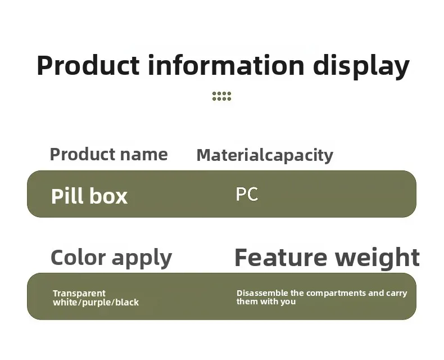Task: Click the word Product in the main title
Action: [x=88, y=65]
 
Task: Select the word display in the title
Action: [x=361, y=67]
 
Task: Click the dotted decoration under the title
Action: [x=221, y=96]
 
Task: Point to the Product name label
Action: [x=108, y=154]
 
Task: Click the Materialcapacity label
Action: [x=265, y=156]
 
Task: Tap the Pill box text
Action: [x=89, y=196]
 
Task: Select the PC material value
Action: [x=247, y=194]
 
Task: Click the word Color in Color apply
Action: [x=78, y=257]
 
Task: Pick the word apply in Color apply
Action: [x=142, y=259]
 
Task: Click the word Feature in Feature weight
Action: [x=280, y=257]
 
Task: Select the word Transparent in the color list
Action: [x=79, y=293]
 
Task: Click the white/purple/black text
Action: [x=96, y=303]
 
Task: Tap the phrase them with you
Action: [x=266, y=301]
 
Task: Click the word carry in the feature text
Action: [x=397, y=294]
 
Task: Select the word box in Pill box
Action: [x=108, y=196]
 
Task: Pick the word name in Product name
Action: [x=144, y=155]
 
